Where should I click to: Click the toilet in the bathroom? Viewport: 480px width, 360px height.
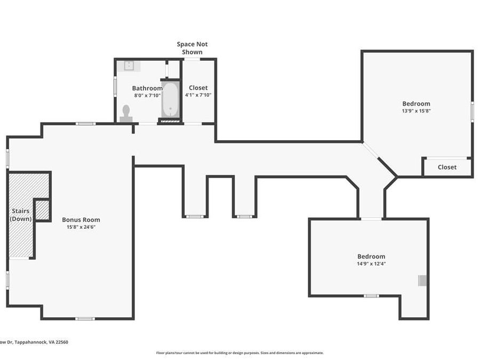click(x=126, y=114)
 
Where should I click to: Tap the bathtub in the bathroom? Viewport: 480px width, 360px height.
click(x=170, y=99)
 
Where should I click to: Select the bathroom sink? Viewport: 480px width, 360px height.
click(x=129, y=66)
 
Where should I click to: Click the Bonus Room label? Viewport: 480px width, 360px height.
click(x=81, y=220)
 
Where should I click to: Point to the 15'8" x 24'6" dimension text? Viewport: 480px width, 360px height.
click(x=81, y=227)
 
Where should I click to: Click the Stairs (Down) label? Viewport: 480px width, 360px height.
click(x=20, y=215)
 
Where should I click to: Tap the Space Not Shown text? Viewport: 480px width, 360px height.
click(x=192, y=48)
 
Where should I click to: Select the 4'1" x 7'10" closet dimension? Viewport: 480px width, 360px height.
click(x=198, y=95)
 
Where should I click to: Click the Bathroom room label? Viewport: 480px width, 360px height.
click(x=147, y=88)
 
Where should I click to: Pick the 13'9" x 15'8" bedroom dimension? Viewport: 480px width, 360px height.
click(x=417, y=111)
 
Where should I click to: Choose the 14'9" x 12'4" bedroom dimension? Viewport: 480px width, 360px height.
click(x=371, y=264)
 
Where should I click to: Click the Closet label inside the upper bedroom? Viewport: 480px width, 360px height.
click(x=447, y=167)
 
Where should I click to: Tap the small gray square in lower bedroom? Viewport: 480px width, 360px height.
click(x=422, y=281)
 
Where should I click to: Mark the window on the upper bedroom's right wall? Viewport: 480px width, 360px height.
click(x=473, y=112)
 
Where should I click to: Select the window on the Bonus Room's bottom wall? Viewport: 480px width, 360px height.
click(x=85, y=319)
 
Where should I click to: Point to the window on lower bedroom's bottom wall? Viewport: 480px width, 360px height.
click(x=371, y=295)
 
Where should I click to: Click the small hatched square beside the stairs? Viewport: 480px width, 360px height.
click(x=42, y=210)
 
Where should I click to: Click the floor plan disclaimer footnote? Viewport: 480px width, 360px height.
click(x=239, y=353)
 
